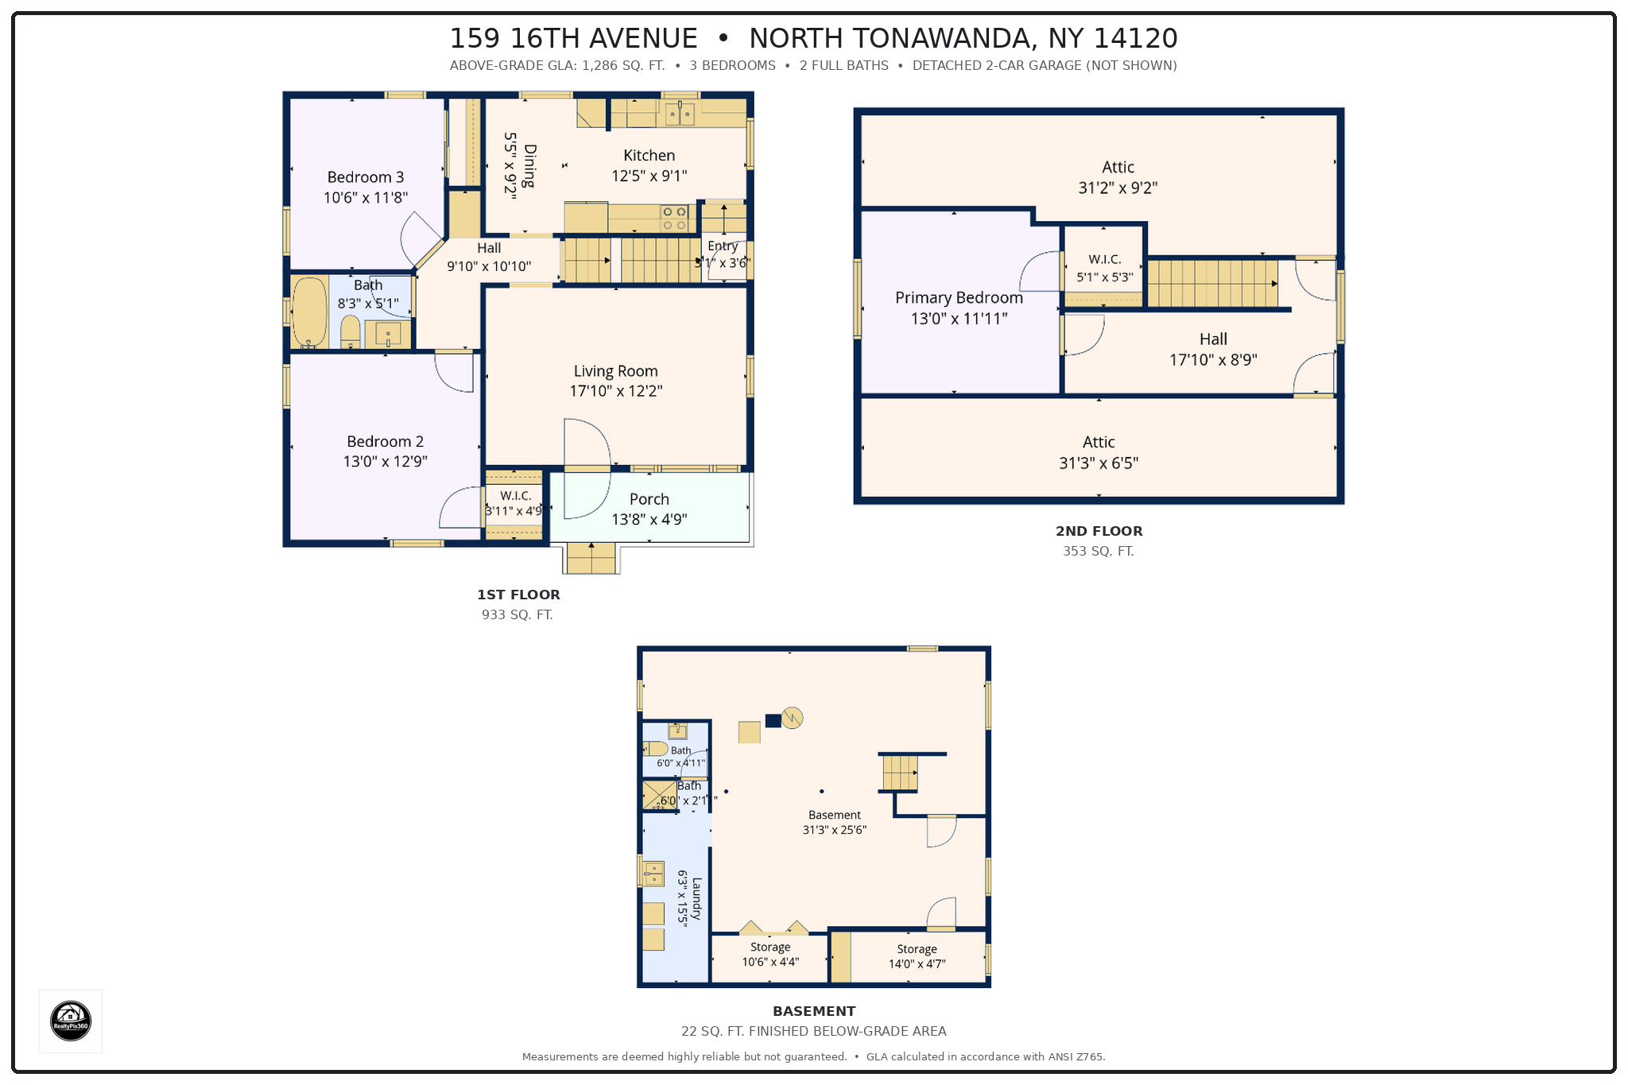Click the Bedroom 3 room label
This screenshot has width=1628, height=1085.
tap(366, 177)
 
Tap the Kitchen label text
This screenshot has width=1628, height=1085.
tap(649, 156)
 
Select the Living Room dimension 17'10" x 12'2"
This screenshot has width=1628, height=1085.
tap(616, 391)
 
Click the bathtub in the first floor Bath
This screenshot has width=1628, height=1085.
tap(309, 312)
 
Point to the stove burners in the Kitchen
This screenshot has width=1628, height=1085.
tap(674, 219)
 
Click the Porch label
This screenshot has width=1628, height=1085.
tap(649, 499)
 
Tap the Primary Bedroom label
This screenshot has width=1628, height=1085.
tap(959, 298)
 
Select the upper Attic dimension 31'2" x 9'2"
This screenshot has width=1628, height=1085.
tap(1118, 188)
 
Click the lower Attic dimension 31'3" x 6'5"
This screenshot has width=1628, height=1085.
tap(1099, 463)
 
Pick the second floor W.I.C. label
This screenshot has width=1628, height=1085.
tap(1105, 259)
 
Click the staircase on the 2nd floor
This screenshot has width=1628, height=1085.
tap(1213, 284)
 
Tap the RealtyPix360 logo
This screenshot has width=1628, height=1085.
tap(71, 1021)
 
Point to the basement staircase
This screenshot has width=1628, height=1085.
tap(900, 773)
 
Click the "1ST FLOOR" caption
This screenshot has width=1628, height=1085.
tap(518, 595)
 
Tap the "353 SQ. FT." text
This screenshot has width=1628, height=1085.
tap(1099, 551)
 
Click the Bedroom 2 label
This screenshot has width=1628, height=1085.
tap(386, 442)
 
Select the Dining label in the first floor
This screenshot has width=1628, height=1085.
tap(530, 165)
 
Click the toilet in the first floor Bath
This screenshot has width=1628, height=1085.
tap(351, 332)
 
